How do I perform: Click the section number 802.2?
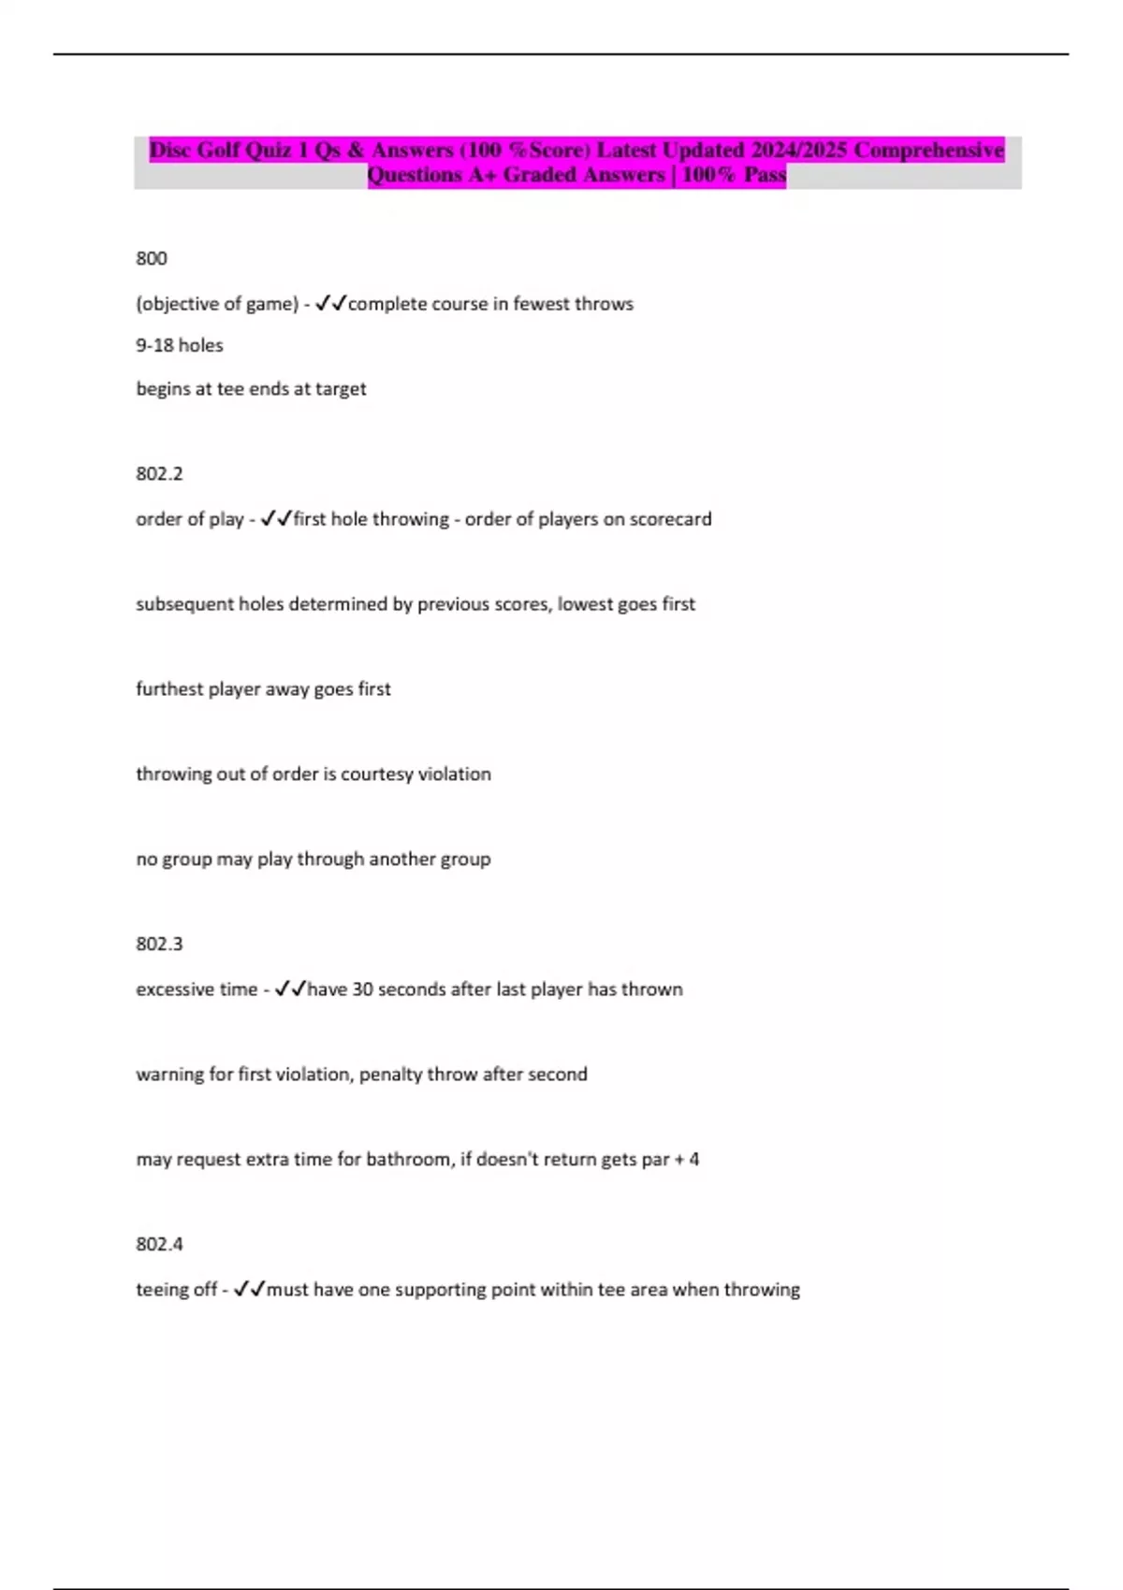click(x=159, y=473)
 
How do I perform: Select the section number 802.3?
click(x=159, y=944)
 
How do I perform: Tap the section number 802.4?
click(x=159, y=1244)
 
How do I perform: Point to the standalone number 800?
click(x=152, y=258)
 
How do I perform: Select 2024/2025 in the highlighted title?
click(x=798, y=150)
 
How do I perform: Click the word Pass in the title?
click(x=765, y=175)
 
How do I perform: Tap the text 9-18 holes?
click(x=180, y=345)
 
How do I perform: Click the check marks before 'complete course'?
click(x=331, y=303)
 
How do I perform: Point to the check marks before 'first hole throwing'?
click(x=276, y=518)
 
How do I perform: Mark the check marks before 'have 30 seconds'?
click(x=290, y=989)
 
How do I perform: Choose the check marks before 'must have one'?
click(x=250, y=1289)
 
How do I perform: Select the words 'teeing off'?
click(x=176, y=1290)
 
